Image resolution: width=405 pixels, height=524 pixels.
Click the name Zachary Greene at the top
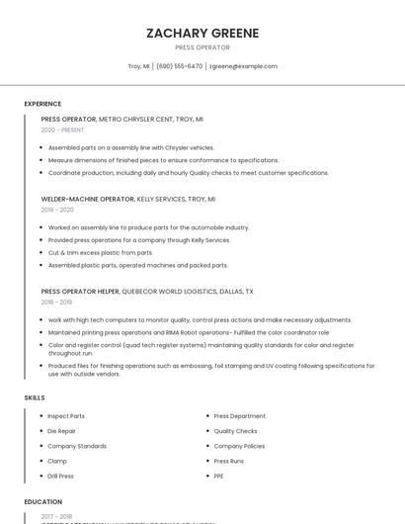click(x=202, y=33)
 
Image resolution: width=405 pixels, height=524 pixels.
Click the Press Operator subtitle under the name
click(x=202, y=47)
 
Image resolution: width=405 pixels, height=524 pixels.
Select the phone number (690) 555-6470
click(x=179, y=66)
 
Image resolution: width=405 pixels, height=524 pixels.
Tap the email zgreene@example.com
click(x=243, y=66)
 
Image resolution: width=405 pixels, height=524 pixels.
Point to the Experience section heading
click(x=42, y=104)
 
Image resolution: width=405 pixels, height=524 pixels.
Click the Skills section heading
click(x=35, y=397)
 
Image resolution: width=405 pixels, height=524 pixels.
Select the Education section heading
click(x=42, y=501)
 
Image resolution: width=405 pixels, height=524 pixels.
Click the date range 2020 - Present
click(x=63, y=130)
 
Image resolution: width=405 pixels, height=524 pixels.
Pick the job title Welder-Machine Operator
click(x=88, y=198)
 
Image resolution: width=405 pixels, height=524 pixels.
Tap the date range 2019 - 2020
click(x=57, y=210)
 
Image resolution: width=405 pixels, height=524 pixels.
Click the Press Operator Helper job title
click(x=80, y=292)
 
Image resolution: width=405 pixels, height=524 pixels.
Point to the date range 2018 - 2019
click(x=57, y=304)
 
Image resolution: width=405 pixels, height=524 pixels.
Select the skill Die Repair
click(x=62, y=431)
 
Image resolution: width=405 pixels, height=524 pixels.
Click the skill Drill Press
click(x=62, y=476)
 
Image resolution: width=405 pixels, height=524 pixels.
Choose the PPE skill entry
click(x=219, y=476)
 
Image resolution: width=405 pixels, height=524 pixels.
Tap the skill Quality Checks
click(x=235, y=431)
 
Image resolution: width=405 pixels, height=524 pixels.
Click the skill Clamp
click(x=57, y=461)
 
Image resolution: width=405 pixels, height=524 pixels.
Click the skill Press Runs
click(x=229, y=461)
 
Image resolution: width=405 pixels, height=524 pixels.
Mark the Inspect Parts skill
click(x=66, y=416)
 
